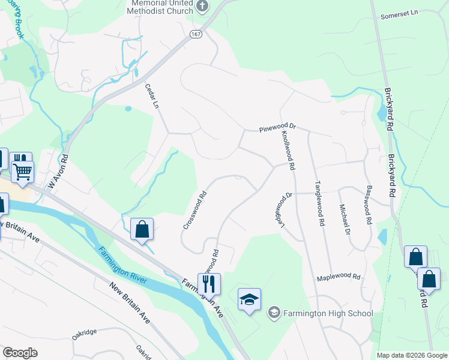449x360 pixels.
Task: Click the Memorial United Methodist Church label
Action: tap(162, 6)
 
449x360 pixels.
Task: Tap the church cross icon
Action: tap(203, 7)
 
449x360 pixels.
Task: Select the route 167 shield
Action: tap(197, 34)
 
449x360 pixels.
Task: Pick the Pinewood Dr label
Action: tap(278, 128)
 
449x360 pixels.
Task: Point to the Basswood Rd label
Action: tap(366, 205)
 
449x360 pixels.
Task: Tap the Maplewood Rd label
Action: tap(339, 277)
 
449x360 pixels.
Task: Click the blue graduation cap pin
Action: tap(249, 298)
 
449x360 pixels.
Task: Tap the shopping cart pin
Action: tap(23, 171)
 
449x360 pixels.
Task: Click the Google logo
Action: tap(20, 353)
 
